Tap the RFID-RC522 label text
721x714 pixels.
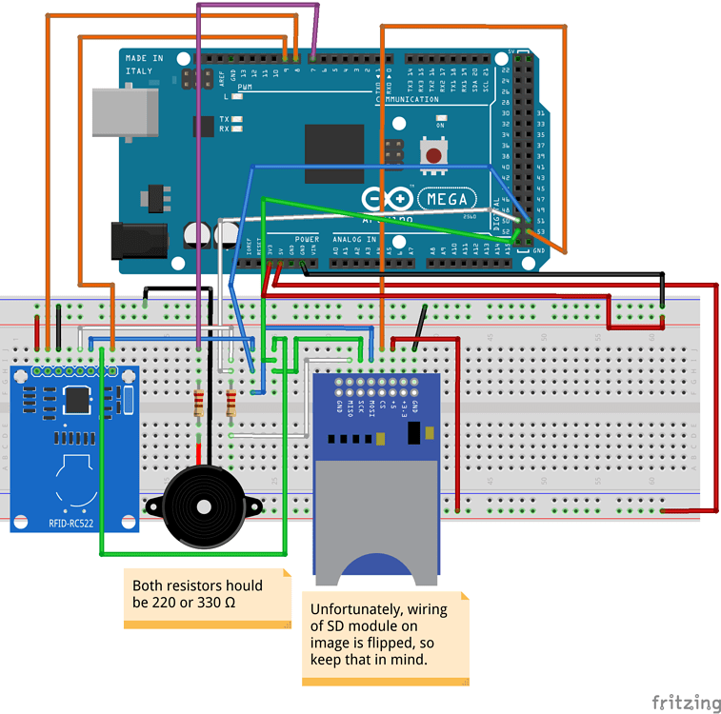tap(76, 521)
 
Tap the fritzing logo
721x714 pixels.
tap(686, 703)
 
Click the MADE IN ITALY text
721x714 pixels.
tap(144, 64)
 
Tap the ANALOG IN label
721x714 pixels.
tap(354, 239)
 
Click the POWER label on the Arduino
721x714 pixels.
tap(307, 239)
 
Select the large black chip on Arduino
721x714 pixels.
tap(334, 153)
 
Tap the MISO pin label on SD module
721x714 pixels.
tap(351, 407)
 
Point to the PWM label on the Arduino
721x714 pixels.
tap(245, 88)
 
